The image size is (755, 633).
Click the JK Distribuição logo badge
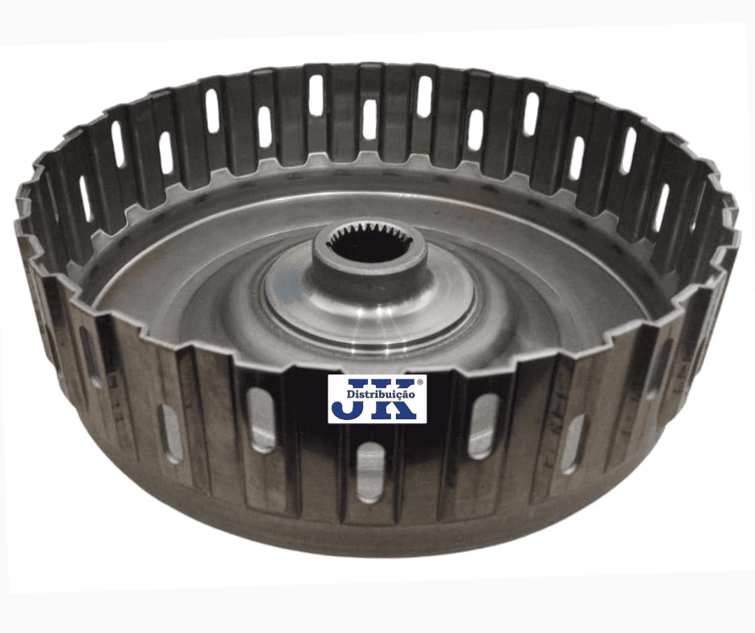[377, 399]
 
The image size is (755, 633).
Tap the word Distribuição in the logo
[381, 394]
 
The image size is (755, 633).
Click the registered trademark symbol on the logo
[419, 382]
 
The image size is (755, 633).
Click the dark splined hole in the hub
[369, 246]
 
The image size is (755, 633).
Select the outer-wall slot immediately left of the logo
[262, 420]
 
